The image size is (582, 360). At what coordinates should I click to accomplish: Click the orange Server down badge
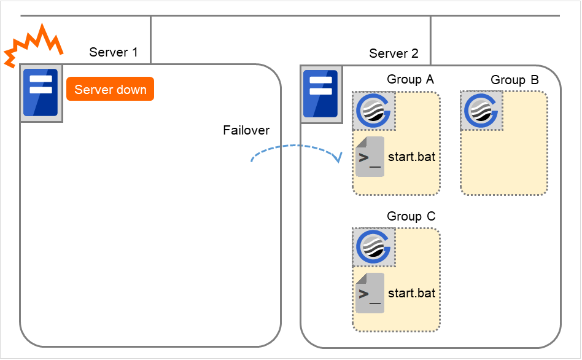[110, 90]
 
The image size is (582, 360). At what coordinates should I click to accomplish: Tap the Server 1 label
[114, 52]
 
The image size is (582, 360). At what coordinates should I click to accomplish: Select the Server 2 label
[394, 53]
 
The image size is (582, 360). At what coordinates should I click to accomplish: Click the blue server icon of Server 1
[41, 93]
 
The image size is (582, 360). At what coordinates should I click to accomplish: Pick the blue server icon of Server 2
[320, 93]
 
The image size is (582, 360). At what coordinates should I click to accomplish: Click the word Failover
[246, 130]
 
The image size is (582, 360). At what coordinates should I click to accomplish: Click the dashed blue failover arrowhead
[337, 158]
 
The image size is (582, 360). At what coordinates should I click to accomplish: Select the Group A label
[410, 79]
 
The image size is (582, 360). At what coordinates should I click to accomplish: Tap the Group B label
[514, 80]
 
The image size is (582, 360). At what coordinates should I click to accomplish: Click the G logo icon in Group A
[373, 111]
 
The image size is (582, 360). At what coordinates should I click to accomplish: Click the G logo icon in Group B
[482, 111]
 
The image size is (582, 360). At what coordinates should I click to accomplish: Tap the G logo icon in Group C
[373, 248]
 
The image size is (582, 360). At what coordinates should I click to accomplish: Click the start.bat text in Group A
[411, 157]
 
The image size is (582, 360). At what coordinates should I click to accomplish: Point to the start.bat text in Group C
[411, 293]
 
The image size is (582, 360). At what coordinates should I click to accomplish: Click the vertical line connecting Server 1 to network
[150, 39]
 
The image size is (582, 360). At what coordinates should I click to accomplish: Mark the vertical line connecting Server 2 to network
[430, 39]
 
